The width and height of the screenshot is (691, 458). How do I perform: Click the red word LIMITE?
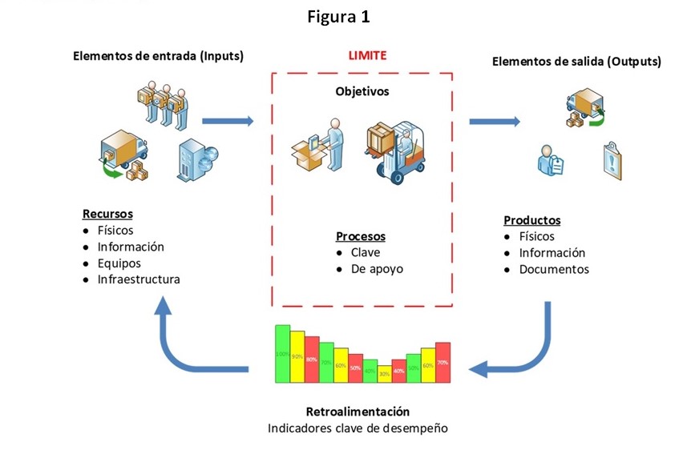click(367, 55)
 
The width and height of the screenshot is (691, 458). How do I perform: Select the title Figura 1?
click(338, 17)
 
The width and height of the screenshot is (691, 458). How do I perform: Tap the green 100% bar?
click(282, 354)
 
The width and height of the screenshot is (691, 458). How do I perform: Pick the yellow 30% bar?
click(384, 373)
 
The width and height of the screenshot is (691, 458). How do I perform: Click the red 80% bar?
click(311, 360)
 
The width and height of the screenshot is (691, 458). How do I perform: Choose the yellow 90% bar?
click(297, 356)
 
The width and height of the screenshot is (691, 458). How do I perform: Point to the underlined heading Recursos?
click(107, 214)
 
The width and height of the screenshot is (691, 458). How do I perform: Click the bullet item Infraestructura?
click(139, 279)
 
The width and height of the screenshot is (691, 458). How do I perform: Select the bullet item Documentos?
click(554, 269)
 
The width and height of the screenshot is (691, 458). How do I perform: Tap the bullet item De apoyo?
click(377, 269)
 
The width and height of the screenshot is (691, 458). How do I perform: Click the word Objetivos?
click(362, 91)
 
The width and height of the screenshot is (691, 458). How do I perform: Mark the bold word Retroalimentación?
click(358, 412)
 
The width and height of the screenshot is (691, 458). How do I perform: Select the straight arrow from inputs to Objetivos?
click(228, 122)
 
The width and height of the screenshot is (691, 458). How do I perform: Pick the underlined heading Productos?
click(531, 220)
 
